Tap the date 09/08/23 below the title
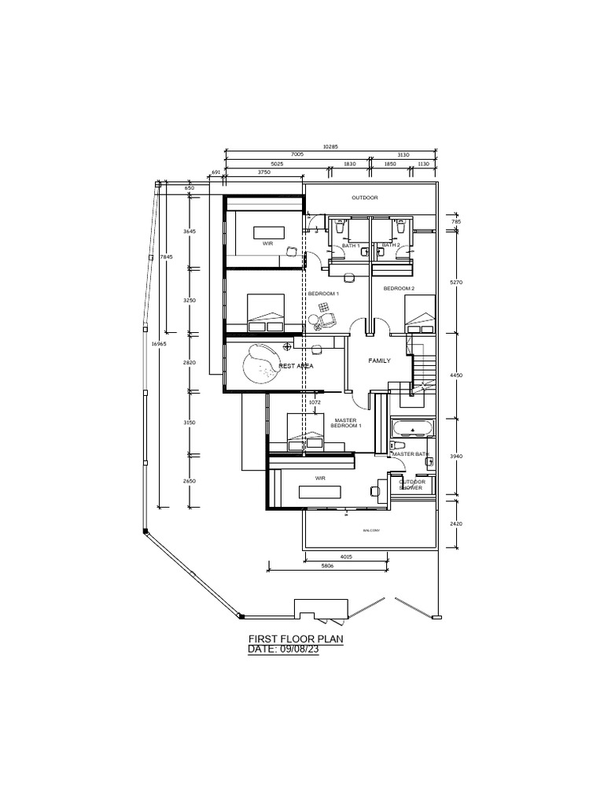point(283,649)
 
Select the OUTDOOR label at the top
point(365,198)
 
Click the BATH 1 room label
point(351,246)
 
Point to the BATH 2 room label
point(391,246)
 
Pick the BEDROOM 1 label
point(323,293)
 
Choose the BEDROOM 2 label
point(399,289)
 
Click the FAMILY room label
point(380,360)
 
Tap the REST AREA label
point(296,366)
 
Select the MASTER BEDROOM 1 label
point(346,423)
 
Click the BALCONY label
point(371,531)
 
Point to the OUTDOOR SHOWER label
point(412,485)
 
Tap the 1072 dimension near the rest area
point(315,401)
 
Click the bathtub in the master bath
point(412,430)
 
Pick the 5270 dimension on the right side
point(455,281)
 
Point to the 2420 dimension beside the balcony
point(455,523)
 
